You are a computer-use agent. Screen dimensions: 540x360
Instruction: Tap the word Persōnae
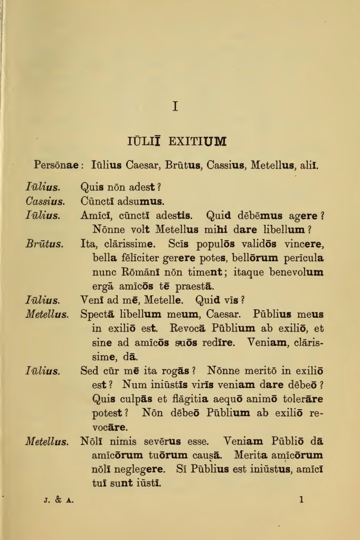[x=56, y=165]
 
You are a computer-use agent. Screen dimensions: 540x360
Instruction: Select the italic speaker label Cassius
[x=45, y=201]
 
